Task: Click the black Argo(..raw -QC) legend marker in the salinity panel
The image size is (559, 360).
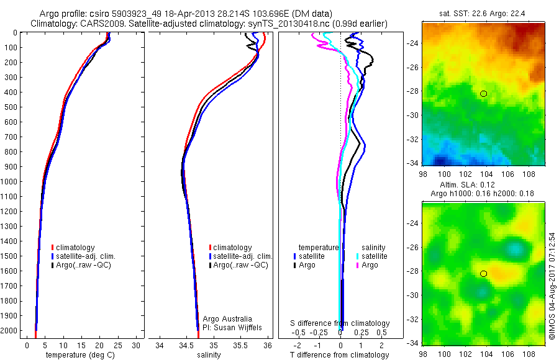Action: pos(211,265)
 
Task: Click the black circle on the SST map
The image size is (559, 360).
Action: pos(483,94)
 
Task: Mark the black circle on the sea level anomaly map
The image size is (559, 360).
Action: pos(483,274)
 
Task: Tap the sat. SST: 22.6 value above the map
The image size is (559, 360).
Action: pos(460,14)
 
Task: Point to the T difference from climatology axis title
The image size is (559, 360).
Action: pos(340,355)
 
